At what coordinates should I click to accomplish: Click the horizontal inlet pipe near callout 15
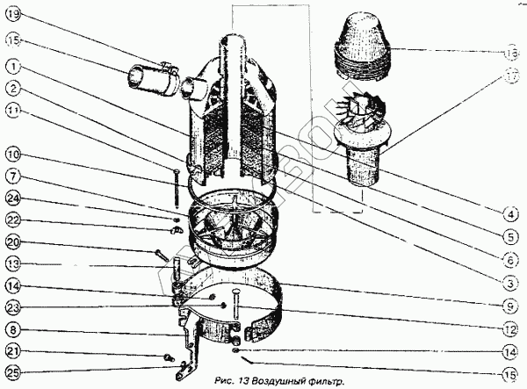tap(149, 76)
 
